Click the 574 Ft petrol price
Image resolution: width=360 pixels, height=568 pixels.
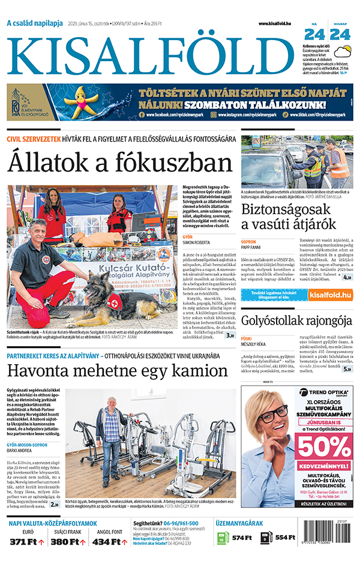point(241,537)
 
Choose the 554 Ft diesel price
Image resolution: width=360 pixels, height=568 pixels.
point(286,537)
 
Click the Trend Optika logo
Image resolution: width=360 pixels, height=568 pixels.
point(324,393)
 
